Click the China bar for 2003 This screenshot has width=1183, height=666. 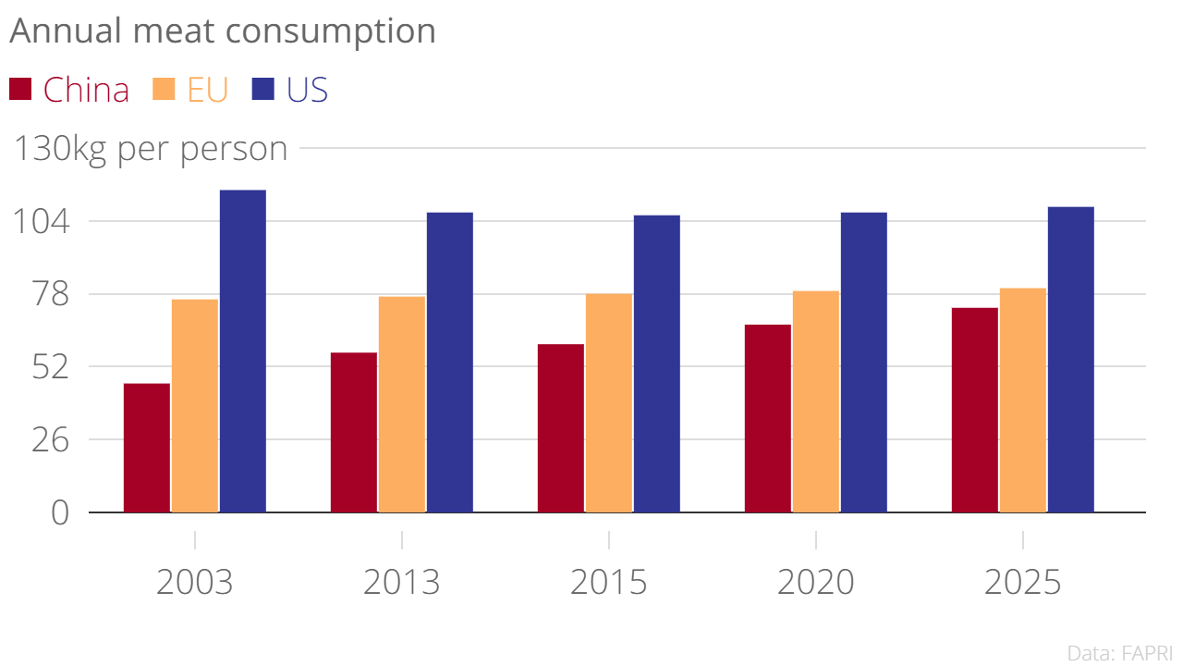[147, 448]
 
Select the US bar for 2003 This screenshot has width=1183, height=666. [243, 351]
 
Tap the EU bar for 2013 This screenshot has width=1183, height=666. [402, 404]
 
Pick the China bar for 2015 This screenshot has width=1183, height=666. [561, 428]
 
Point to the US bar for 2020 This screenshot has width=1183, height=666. [864, 363]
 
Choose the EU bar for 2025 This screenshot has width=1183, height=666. [1023, 401]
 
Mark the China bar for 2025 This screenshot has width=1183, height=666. [975, 410]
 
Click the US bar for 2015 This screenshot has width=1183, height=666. [657, 364]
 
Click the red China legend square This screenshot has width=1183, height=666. [20, 90]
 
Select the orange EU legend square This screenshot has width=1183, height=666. [164, 90]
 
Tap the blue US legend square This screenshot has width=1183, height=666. [263, 90]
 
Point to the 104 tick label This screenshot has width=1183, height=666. [40, 222]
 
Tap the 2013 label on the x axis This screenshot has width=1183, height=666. [402, 584]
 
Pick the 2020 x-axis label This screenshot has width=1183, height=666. [816, 584]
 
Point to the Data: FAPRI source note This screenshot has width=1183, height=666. [1119, 653]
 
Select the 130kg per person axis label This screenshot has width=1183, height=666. [149, 149]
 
